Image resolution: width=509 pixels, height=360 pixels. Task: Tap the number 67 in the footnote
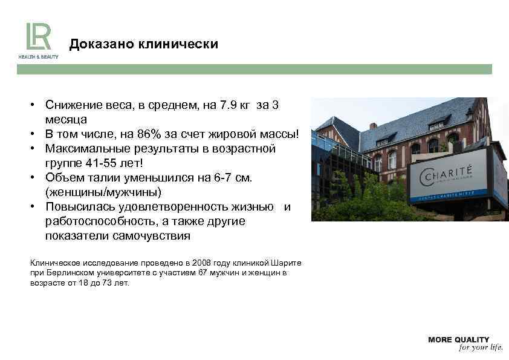[203, 273]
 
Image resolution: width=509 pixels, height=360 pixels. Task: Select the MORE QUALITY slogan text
[458, 339]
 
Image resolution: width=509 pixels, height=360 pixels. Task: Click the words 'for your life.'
[481, 348]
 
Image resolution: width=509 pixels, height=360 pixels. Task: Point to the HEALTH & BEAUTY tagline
[38, 57]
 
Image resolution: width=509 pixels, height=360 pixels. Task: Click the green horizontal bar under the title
[254, 70]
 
